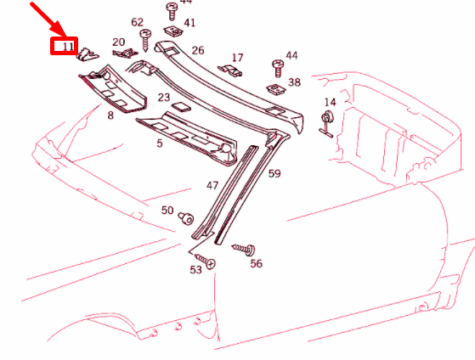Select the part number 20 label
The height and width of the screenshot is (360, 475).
click(x=118, y=42)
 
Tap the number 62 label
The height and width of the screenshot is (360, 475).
click(x=138, y=22)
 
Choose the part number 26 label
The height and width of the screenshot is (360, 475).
click(x=198, y=50)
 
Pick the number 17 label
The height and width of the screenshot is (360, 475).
click(x=237, y=58)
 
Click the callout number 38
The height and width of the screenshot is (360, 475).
click(x=295, y=82)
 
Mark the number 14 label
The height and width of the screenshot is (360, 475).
click(x=330, y=102)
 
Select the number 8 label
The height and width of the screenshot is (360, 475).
click(x=110, y=114)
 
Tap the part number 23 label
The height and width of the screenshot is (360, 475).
click(x=164, y=98)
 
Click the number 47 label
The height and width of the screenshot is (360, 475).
click(x=212, y=183)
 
